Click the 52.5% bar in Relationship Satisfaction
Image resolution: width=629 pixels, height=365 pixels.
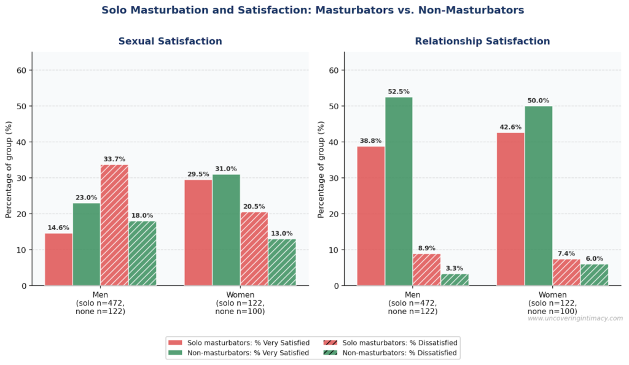[399, 191]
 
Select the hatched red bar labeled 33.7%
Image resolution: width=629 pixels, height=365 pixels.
[114, 225]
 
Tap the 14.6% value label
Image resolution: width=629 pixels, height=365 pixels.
[58, 228]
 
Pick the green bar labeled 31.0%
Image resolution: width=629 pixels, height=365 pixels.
[226, 230]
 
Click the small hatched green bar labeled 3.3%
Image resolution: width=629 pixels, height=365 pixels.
[455, 280]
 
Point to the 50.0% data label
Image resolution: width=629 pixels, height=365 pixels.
[539, 101]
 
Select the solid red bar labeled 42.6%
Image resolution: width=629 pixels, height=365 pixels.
[510, 209]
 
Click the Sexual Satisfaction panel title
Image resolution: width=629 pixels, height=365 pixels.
[170, 42]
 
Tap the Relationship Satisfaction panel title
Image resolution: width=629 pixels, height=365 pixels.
[482, 42]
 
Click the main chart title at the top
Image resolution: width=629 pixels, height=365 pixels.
[313, 10]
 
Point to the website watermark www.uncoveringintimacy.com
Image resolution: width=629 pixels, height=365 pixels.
[575, 318]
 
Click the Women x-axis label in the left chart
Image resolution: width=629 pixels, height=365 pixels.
[240, 294]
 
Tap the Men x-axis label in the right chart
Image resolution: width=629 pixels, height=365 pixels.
[412, 294]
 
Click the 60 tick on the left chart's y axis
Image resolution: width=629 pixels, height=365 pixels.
[21, 71]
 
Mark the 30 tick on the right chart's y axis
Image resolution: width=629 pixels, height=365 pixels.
[334, 178]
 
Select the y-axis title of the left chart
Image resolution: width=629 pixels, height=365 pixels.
[9, 169]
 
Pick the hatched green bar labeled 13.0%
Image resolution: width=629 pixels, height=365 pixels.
[282, 263]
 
